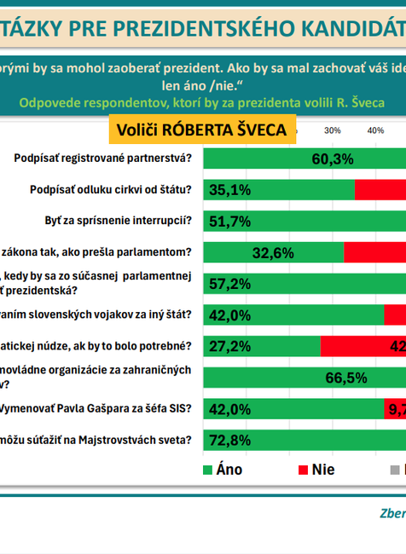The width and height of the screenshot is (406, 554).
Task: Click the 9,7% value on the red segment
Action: coord(397,409)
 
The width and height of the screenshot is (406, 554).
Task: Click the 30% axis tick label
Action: coord(333,130)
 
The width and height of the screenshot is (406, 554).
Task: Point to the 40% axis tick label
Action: coord(374,130)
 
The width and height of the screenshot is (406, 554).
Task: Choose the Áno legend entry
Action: coord(223,469)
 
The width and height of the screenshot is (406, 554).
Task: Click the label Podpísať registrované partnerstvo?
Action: coord(103,159)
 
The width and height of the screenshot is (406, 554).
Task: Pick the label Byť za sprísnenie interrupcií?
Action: coord(118,221)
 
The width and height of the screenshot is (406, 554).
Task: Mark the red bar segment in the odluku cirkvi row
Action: coord(380,189)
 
